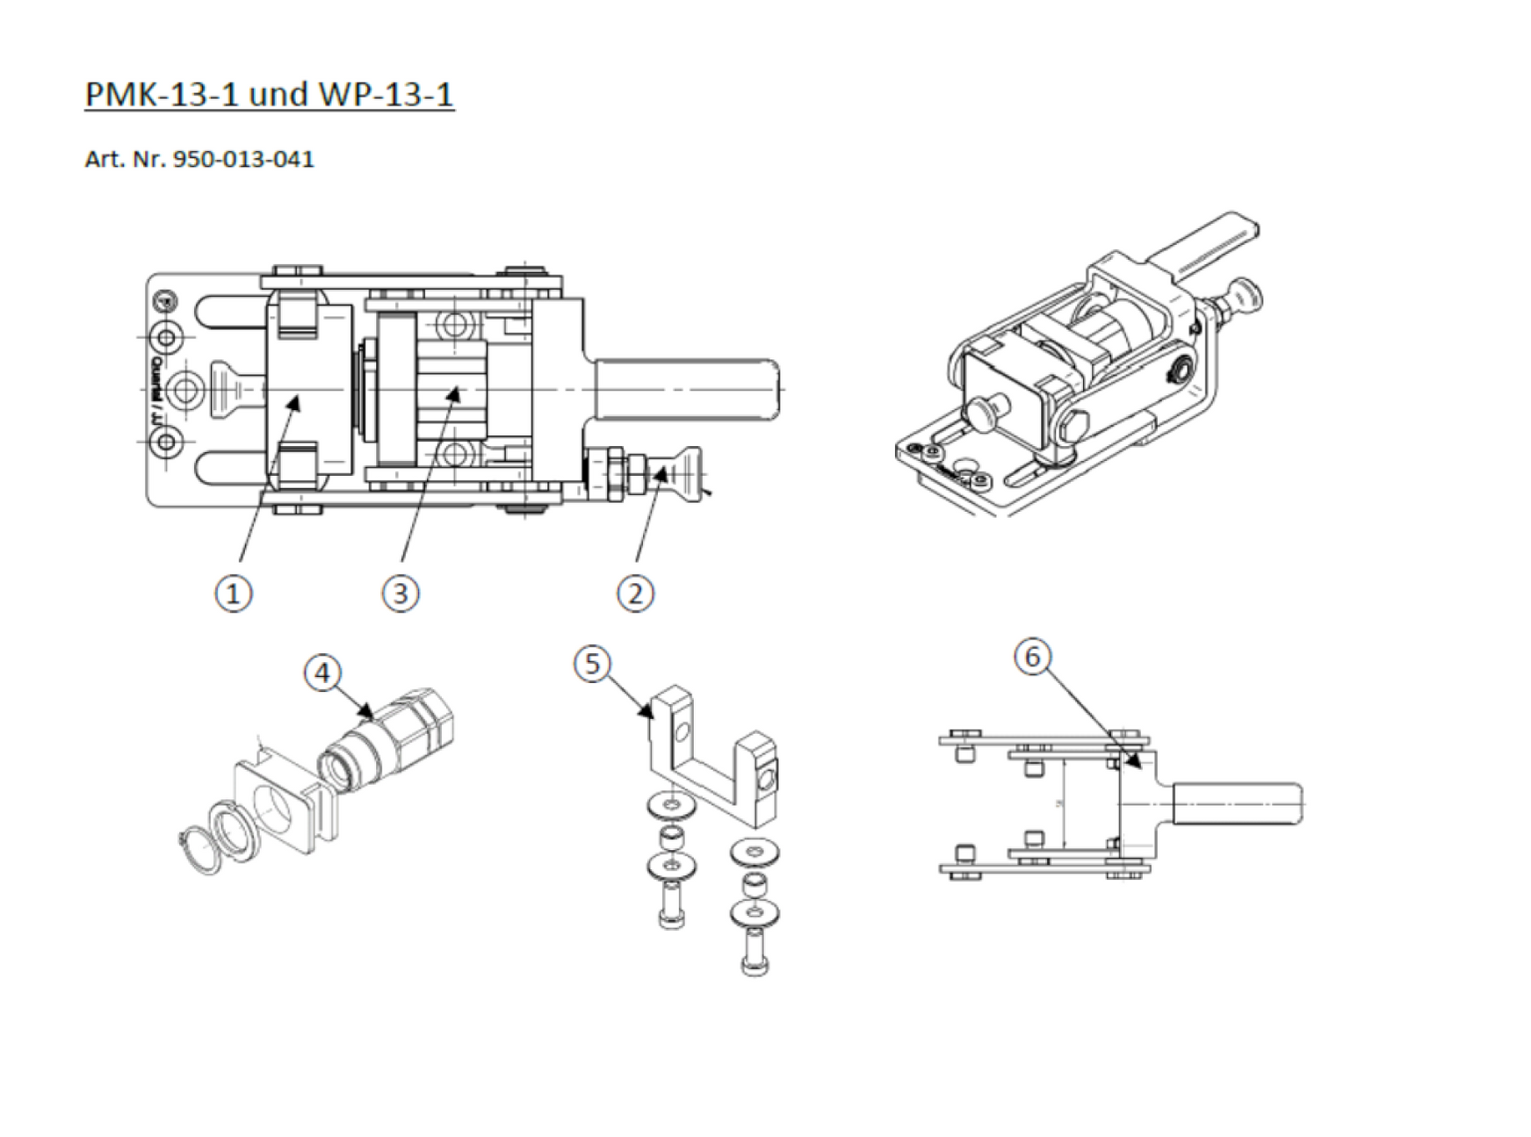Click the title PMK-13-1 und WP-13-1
pyautogui.click(x=269, y=93)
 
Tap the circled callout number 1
pyautogui.click(x=234, y=594)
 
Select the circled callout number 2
pyautogui.click(x=636, y=594)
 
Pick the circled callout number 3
pyautogui.click(x=401, y=594)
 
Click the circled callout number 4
pyautogui.click(x=322, y=673)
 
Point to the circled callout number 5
pyautogui.click(x=592, y=664)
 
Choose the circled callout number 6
pyautogui.click(x=1033, y=657)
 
